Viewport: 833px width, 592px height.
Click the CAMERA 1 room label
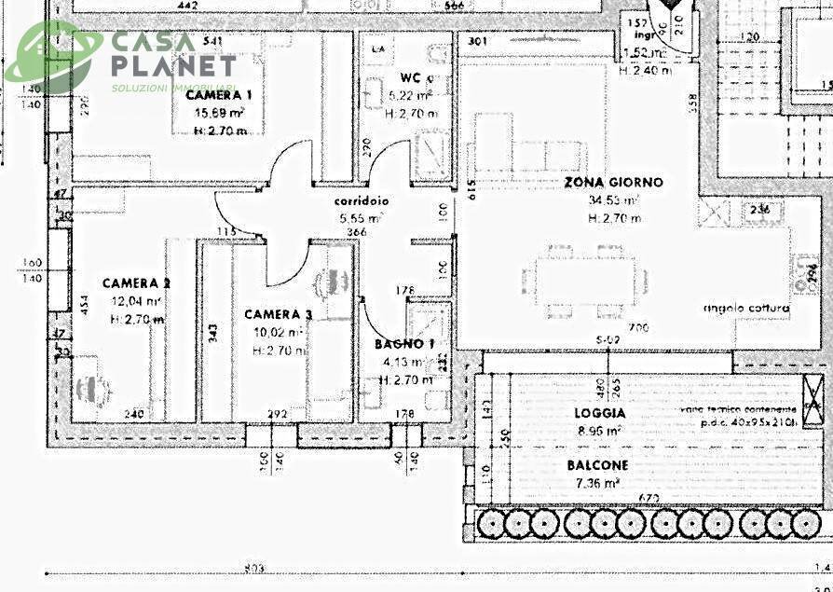pyautogui.click(x=218, y=95)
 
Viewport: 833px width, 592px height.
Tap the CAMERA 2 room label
pyautogui.click(x=136, y=283)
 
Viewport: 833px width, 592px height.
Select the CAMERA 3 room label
pyautogui.click(x=279, y=315)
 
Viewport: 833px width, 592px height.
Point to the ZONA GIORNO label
pyautogui.click(x=613, y=183)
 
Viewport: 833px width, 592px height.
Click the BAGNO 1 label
pyautogui.click(x=405, y=344)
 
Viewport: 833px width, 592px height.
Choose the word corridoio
pyautogui.click(x=362, y=201)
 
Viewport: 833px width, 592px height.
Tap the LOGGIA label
pyautogui.click(x=601, y=412)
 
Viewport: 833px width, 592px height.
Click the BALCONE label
pyautogui.click(x=597, y=464)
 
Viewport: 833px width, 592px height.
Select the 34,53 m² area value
pyautogui.click(x=612, y=200)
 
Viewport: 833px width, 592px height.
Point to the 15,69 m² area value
pyautogui.click(x=219, y=113)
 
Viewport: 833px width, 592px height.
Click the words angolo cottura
pyautogui.click(x=747, y=309)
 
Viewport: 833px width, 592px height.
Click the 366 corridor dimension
pyautogui.click(x=356, y=232)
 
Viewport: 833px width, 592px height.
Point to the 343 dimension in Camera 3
pyautogui.click(x=212, y=332)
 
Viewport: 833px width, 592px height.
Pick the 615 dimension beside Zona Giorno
pyautogui.click(x=471, y=189)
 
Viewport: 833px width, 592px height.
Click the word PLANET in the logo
pyautogui.click(x=174, y=66)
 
